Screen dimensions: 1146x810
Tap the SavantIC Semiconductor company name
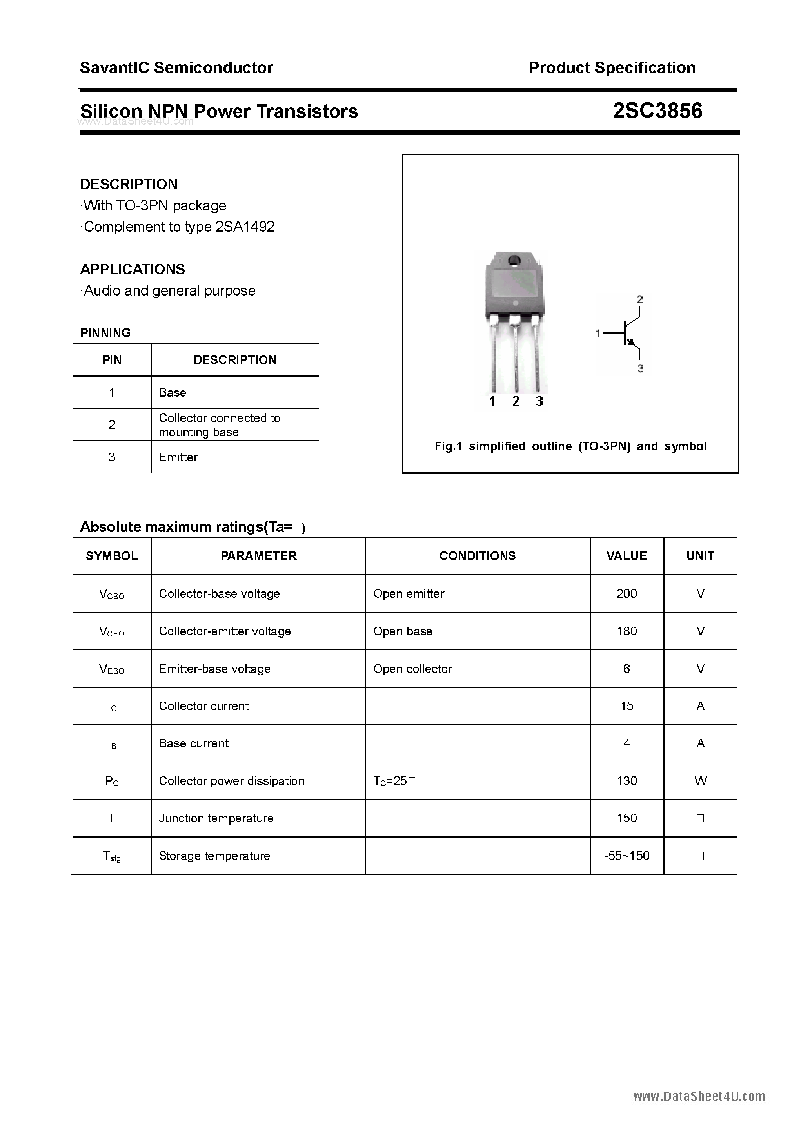point(176,67)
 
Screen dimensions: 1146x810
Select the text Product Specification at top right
point(612,67)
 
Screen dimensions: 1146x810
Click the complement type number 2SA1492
point(245,227)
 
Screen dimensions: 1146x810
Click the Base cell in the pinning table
point(172,392)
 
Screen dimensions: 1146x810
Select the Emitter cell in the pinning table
point(178,457)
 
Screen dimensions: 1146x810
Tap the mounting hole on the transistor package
point(514,261)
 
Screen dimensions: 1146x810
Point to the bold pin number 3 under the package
point(539,402)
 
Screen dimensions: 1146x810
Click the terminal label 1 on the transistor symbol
point(597,334)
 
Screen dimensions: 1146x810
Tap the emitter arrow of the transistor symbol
point(632,343)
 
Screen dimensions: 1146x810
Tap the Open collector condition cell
point(412,669)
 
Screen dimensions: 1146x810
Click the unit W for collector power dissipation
point(700,781)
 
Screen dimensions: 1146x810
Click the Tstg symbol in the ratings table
point(112,856)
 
